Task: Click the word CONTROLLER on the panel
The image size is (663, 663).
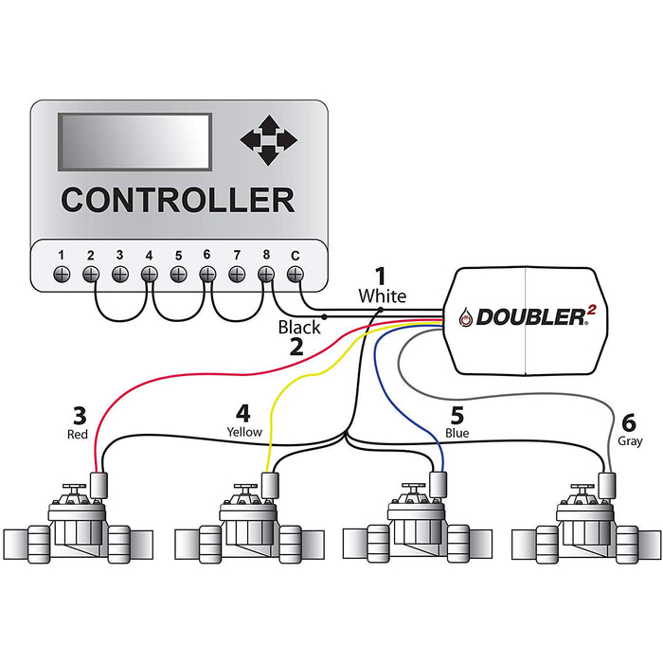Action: point(177,200)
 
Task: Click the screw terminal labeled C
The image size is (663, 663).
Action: point(295,274)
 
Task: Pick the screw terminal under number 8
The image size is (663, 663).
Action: point(265,274)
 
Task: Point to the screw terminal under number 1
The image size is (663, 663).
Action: point(62,274)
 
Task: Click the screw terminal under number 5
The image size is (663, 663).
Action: point(178,274)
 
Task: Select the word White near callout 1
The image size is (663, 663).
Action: point(382,296)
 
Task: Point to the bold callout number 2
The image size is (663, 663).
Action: point(296,348)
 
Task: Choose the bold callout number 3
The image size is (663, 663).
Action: point(80,416)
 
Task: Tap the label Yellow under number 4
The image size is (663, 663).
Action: point(243,432)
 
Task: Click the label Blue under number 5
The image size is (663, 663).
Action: point(457,433)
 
